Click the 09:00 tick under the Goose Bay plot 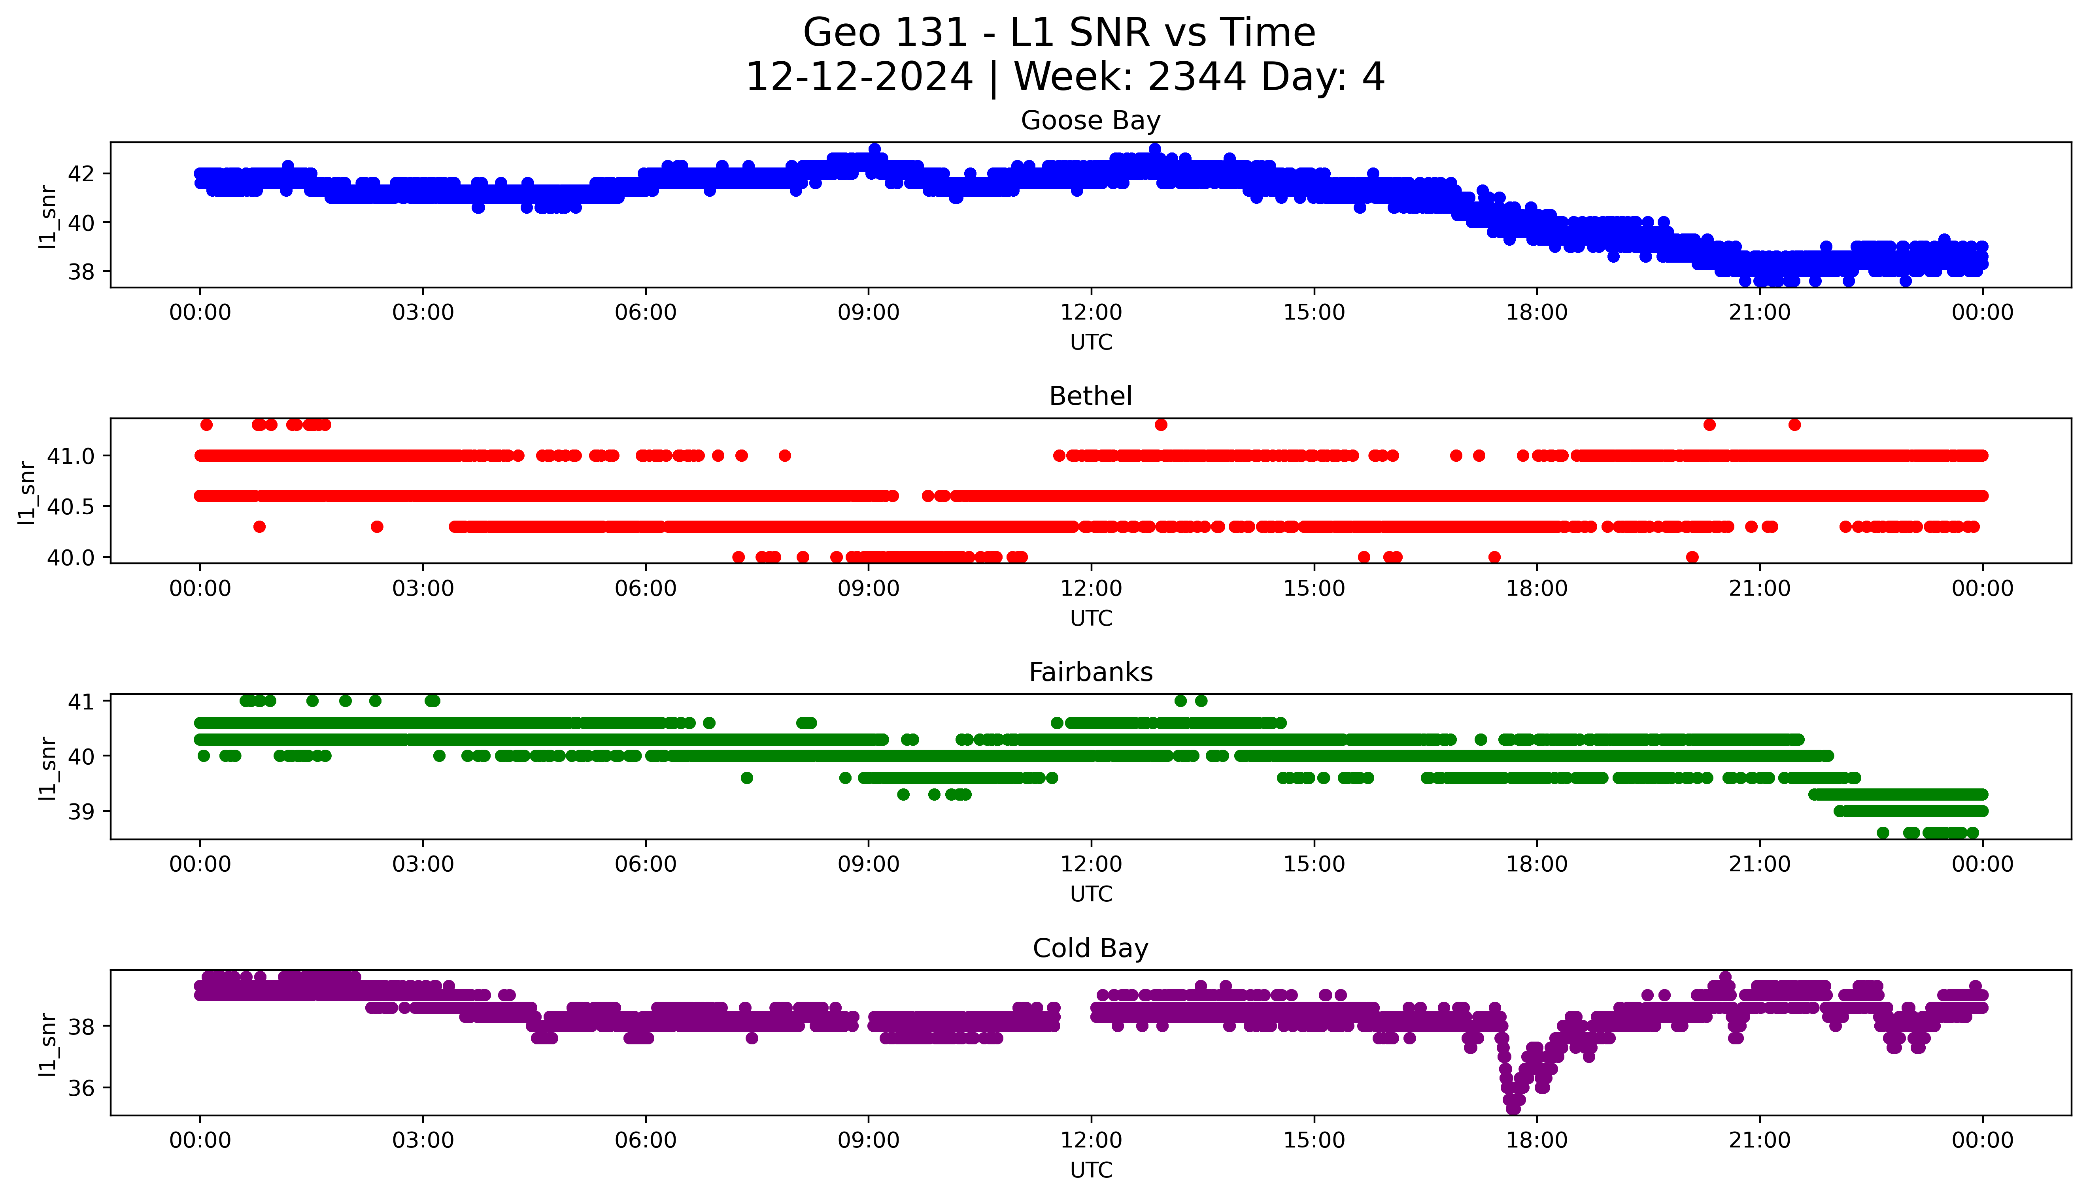pyautogui.click(x=869, y=313)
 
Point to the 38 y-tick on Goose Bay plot pyautogui.click(x=81, y=271)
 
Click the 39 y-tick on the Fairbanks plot pyautogui.click(x=81, y=811)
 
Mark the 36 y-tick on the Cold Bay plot pyautogui.click(x=81, y=1088)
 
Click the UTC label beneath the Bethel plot pyautogui.click(x=1091, y=618)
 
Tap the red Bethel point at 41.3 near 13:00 pyautogui.click(x=1161, y=425)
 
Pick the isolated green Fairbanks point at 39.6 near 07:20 pyautogui.click(x=747, y=778)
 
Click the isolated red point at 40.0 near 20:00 pyautogui.click(x=1692, y=557)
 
